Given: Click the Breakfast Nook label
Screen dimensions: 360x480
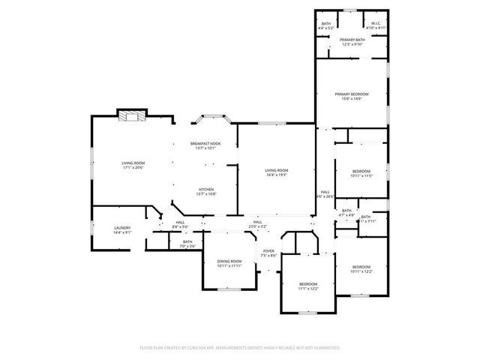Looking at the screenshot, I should pos(205,143).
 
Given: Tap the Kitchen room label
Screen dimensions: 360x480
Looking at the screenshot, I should pos(205,189).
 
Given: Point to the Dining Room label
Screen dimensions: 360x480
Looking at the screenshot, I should pos(229,261).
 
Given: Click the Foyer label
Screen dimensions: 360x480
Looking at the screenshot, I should pos(268,251).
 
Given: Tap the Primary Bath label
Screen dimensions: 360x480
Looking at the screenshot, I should pos(351,40).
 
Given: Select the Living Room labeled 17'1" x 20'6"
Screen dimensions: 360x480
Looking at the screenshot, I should pos(133,163).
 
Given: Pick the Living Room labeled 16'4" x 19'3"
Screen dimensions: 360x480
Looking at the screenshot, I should pos(276,170).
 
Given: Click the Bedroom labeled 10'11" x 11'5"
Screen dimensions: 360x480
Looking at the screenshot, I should pos(361,171).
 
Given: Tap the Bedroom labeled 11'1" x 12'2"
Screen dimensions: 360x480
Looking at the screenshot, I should pos(307,283).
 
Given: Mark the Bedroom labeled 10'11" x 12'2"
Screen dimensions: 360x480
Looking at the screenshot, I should pos(361,267).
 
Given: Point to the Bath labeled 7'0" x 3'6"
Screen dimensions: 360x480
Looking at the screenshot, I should pos(187,241).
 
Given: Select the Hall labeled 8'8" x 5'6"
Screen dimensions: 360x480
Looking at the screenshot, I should pos(180,222).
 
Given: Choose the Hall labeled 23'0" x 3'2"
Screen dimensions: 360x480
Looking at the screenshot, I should pos(257,222).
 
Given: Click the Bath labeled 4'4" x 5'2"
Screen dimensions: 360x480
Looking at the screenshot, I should pos(326,23).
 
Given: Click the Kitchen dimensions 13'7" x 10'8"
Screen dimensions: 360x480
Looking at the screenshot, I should pos(205,194).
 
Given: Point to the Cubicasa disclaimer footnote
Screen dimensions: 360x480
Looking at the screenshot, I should pos(240,348).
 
